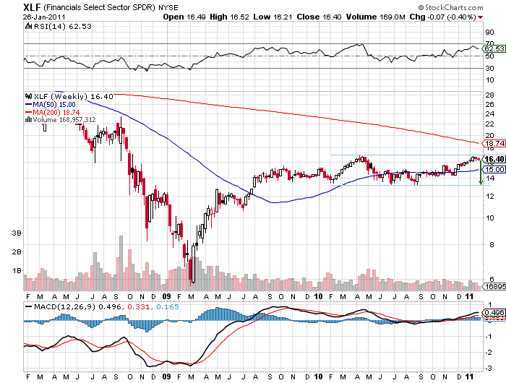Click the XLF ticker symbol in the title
[12, 6]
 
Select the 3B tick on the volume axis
[16, 233]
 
